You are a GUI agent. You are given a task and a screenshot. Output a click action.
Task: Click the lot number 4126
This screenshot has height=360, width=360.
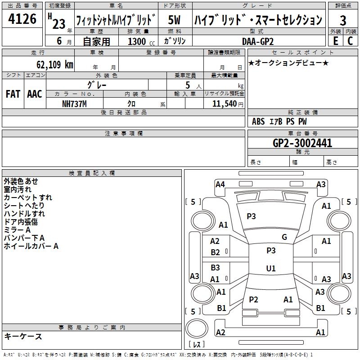(x=22, y=18)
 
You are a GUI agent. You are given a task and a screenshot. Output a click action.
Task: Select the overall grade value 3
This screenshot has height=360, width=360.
(x=343, y=20)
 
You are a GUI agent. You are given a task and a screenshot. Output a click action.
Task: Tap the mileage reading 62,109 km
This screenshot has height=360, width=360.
(x=54, y=64)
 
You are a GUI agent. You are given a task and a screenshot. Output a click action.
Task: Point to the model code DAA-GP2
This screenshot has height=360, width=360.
(x=258, y=41)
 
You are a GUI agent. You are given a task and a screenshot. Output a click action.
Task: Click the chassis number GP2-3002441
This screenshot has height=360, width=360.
(x=302, y=143)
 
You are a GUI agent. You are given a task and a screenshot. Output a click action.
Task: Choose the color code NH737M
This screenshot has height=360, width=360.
(x=74, y=104)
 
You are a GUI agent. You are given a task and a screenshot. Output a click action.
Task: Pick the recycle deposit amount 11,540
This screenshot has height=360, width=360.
(x=224, y=103)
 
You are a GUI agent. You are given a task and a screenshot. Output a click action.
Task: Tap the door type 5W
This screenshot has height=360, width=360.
(x=174, y=20)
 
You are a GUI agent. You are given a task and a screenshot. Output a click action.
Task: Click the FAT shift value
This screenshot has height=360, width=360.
(x=13, y=94)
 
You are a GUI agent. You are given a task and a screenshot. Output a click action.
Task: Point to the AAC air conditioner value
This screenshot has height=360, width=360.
(x=35, y=94)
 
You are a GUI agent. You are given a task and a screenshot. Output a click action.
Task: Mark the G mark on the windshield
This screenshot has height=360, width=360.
(x=284, y=237)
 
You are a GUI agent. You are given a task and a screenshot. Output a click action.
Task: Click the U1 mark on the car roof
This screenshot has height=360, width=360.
(x=271, y=268)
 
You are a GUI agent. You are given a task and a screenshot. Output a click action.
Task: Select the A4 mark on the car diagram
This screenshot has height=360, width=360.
(x=220, y=184)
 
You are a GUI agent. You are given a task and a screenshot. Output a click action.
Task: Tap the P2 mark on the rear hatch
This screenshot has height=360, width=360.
(x=253, y=299)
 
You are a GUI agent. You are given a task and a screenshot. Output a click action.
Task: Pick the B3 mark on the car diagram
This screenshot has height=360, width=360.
(x=216, y=267)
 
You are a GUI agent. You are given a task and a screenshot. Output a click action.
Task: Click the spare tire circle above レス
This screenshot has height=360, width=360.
(x=197, y=328)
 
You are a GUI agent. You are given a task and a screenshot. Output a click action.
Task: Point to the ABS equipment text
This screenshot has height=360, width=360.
(x=258, y=121)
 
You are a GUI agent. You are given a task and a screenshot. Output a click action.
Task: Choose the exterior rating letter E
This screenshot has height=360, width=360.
(x=335, y=41)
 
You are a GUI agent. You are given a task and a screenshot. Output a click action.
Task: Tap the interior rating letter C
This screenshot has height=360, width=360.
(x=350, y=41)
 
